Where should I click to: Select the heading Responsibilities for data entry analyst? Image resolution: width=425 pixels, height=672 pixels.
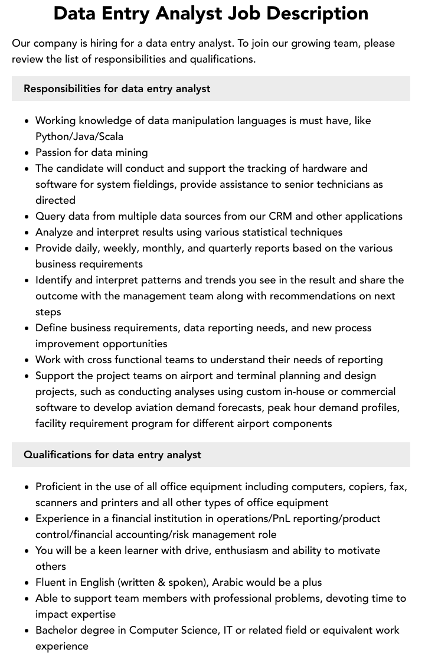[117, 89]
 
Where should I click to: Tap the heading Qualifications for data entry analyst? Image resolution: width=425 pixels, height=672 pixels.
[112, 455]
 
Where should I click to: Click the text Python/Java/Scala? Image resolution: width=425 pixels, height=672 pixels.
[79, 136]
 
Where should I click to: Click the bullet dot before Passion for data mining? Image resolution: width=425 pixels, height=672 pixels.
[27, 153]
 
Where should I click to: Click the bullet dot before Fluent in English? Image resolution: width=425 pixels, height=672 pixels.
[27, 583]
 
